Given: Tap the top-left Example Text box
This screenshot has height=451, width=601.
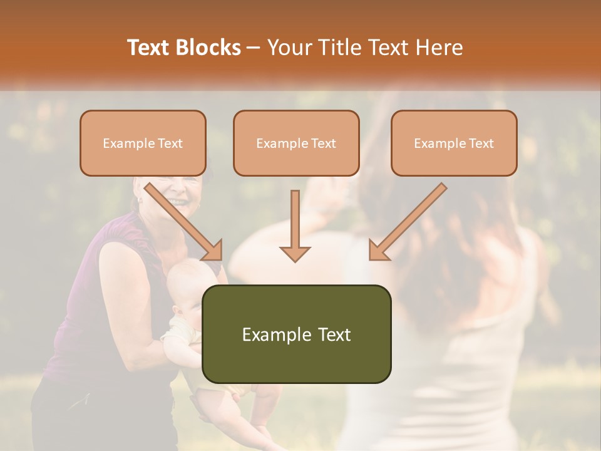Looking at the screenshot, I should pos(143,143).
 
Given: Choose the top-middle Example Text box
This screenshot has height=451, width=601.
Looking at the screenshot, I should pos(296,143).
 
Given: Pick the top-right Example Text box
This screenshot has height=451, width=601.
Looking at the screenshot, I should pos(454,143).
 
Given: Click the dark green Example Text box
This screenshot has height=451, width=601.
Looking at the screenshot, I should pos(296,334).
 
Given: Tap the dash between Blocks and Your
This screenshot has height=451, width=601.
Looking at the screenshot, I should pos(255,48).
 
